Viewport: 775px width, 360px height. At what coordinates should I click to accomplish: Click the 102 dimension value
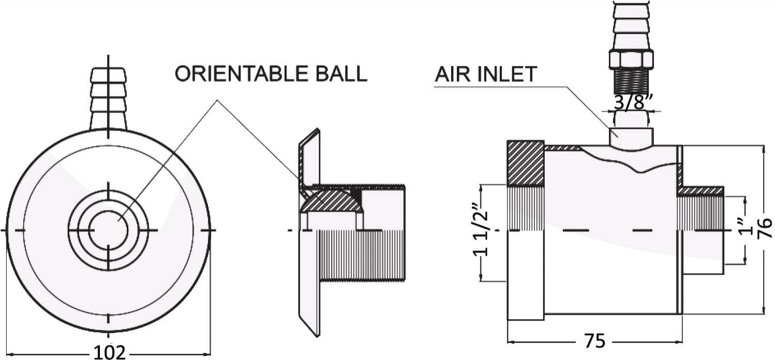[x=110, y=352]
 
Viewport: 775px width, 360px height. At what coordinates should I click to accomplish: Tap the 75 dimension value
[x=595, y=341]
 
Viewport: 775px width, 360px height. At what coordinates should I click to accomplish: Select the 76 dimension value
[x=764, y=228]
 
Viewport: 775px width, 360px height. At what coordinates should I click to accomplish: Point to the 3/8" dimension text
[x=633, y=102]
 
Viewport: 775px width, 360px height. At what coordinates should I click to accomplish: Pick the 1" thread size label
[x=746, y=227]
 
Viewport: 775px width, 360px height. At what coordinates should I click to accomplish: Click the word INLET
[x=506, y=74]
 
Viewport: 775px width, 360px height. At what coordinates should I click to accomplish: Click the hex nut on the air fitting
[x=631, y=60]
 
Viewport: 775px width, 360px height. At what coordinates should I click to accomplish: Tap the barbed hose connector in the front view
[x=108, y=98]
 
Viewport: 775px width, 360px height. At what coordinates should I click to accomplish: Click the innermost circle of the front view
[x=108, y=230]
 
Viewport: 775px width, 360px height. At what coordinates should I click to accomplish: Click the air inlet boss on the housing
[x=631, y=139]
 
